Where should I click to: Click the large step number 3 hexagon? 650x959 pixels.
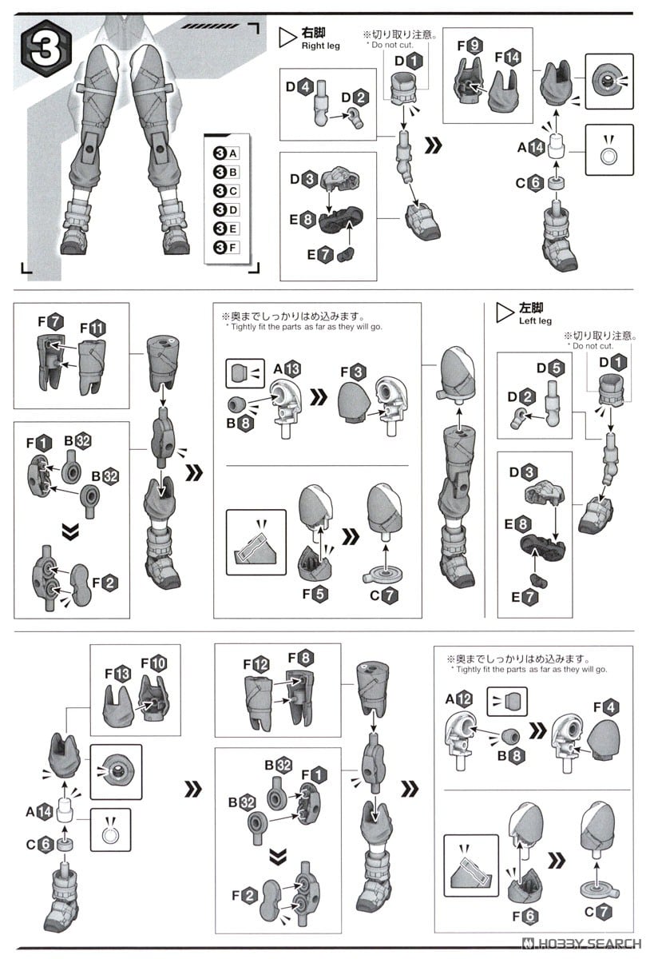46,49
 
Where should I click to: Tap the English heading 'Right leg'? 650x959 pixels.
320,46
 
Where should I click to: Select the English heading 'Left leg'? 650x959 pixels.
535,320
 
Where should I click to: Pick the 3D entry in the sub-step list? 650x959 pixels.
226,209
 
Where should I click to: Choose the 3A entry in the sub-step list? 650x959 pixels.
226,153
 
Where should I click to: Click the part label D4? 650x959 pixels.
299,87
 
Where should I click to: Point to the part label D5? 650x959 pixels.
550,368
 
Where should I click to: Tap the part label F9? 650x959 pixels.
470,46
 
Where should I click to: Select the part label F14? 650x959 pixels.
508,58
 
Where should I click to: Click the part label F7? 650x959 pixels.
50,321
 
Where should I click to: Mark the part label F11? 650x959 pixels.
93,328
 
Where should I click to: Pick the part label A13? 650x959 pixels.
287,369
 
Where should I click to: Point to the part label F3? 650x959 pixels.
354,372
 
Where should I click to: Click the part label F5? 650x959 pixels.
315,594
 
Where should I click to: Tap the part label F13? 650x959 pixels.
117,674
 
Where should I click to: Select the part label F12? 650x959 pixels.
256,664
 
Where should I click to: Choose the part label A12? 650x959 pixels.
458,699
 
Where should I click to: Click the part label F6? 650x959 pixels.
525,916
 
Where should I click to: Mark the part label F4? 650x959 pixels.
606,707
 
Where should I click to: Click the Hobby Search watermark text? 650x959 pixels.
582,944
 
